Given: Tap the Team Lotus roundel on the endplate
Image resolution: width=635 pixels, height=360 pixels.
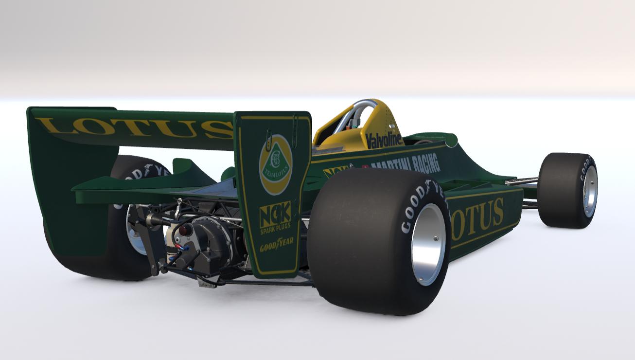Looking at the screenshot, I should (275, 164).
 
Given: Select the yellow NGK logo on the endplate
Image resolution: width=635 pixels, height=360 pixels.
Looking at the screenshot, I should (275, 214).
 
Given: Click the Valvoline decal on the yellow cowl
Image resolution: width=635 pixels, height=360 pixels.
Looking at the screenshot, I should (384, 140).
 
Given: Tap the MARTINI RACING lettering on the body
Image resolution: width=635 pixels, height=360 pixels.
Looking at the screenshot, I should (406, 163).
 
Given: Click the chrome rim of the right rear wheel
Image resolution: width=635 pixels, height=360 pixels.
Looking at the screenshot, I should (428, 243).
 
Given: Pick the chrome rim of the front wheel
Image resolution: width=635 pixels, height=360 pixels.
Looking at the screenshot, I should (590, 191).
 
